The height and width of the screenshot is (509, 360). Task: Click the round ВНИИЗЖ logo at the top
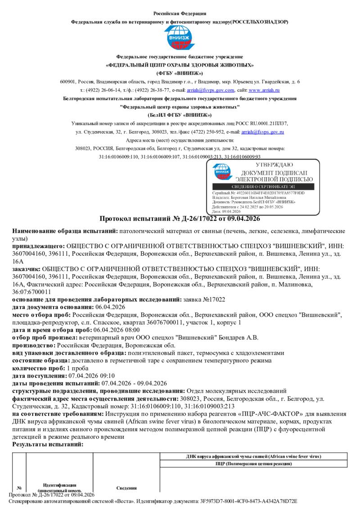click(180, 38)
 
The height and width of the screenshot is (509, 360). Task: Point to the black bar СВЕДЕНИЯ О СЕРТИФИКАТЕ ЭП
click(263, 187)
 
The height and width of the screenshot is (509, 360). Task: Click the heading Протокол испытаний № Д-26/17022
click(180, 219)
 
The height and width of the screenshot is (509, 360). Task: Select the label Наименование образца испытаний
click(64, 231)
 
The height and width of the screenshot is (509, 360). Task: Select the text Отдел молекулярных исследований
click(236, 391)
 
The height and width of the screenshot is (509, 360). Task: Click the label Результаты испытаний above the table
click(48, 444)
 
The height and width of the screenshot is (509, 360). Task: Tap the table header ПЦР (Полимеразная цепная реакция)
click(253, 464)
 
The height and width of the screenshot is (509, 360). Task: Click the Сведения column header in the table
click(126, 488)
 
